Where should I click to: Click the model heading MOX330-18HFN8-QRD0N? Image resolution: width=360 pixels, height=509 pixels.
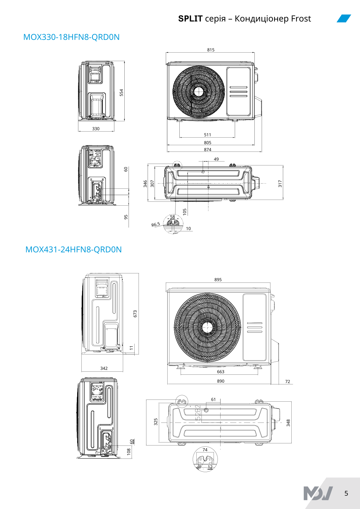71,37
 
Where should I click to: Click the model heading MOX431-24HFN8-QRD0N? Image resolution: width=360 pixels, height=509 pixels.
74,250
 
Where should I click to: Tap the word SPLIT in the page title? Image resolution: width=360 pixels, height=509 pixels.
190,19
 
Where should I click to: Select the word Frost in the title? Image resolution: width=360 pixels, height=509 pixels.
301,19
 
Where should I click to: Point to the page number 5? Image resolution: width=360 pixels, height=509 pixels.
346,493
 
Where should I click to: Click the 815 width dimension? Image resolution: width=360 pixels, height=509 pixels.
211,50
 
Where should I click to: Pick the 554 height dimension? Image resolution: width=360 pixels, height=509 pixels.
122,93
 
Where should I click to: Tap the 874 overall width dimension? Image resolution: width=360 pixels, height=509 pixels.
208,150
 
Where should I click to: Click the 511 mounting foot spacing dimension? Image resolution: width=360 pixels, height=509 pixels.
208,135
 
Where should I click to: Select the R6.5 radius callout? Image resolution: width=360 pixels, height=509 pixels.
155,224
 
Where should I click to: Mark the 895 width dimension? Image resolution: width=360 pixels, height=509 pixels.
218,280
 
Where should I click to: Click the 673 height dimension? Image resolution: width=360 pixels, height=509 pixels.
135,314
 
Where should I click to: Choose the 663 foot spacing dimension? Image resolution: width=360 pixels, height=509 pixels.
221,372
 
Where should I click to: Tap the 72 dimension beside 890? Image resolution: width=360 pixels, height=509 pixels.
287,382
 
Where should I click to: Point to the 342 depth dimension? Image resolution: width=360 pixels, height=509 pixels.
104,368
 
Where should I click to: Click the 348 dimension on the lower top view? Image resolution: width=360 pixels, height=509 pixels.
288,423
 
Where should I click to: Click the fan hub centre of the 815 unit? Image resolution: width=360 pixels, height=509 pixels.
198,91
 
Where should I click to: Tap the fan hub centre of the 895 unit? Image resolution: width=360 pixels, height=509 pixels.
207,327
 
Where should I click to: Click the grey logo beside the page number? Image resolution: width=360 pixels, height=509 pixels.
318,493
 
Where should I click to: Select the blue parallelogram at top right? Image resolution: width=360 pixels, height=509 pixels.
344,18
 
